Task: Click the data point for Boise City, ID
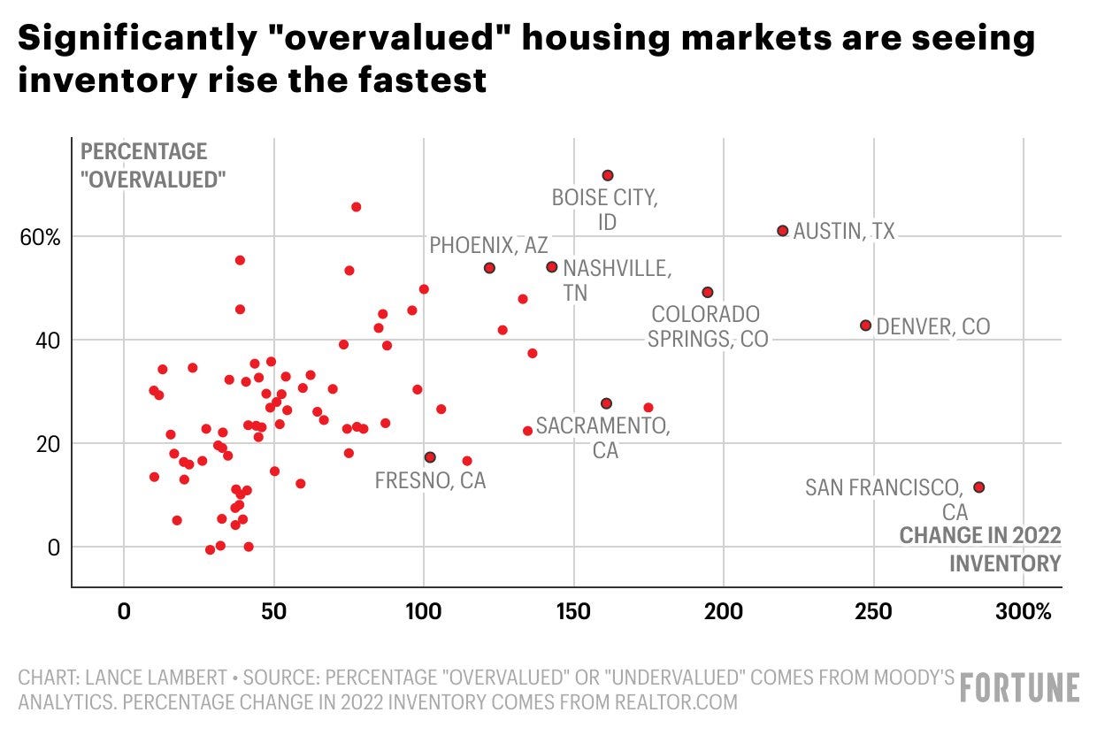tap(607, 176)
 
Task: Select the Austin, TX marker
tap(782, 231)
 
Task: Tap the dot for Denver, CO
tap(865, 326)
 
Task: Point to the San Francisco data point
tap(978, 487)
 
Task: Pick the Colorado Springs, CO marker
tap(707, 293)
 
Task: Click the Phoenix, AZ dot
tap(489, 268)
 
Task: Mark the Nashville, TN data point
tap(551, 267)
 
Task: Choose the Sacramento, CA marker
tap(606, 403)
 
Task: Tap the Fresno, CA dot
tap(430, 457)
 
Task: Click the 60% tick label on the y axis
tap(41, 237)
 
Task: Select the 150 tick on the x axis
tap(574, 611)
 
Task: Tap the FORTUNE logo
tap(1020, 687)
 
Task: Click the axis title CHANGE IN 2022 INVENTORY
tap(980, 549)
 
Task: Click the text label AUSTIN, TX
tap(844, 232)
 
